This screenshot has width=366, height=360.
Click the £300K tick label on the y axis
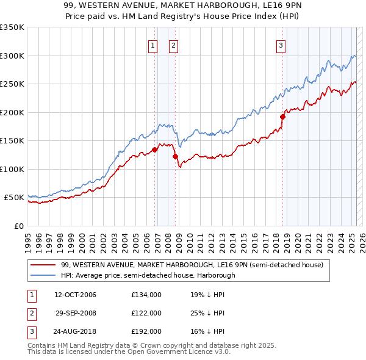[12, 56]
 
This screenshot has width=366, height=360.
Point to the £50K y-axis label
[13, 198]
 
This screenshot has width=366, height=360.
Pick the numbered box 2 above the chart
[173, 45]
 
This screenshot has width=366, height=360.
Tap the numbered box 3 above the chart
[281, 45]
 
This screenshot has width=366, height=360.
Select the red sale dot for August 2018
[282, 117]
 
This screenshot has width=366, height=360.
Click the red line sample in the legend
[44, 265]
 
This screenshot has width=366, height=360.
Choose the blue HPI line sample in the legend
[44, 275]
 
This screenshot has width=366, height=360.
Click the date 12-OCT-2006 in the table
[75, 295]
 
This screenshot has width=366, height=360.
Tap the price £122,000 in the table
[146, 313]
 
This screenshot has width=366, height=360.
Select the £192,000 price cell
[146, 331]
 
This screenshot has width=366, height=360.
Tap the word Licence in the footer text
[192, 352]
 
